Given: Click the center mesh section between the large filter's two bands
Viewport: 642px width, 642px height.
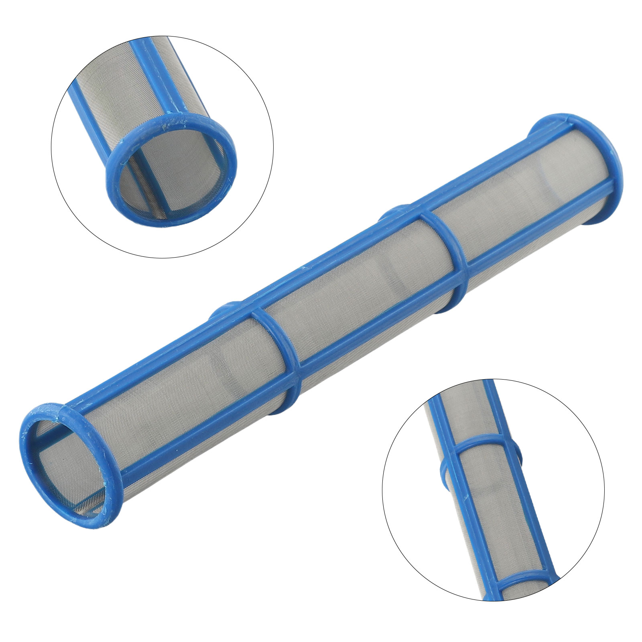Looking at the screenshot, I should pos(361,293).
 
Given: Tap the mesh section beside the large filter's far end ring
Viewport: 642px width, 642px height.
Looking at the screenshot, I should pos(522,201).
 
